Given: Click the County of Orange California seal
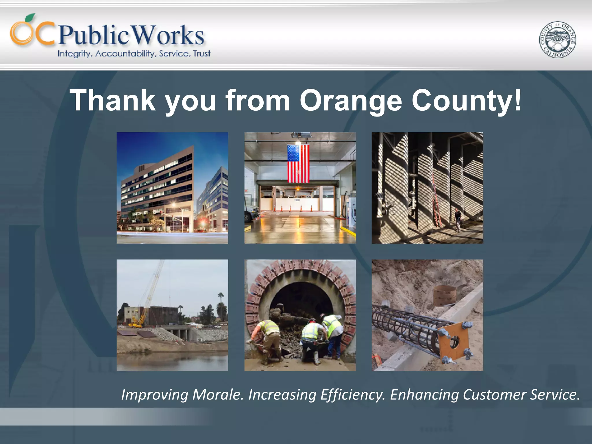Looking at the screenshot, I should click(x=557, y=40).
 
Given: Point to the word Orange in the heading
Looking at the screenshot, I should click(x=351, y=100).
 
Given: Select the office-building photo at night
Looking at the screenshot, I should click(x=172, y=188).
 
